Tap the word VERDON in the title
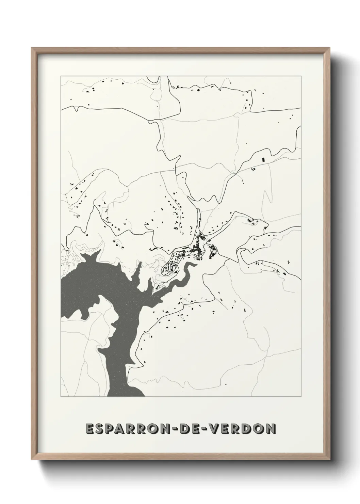(243, 428)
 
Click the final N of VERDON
(270, 428)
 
